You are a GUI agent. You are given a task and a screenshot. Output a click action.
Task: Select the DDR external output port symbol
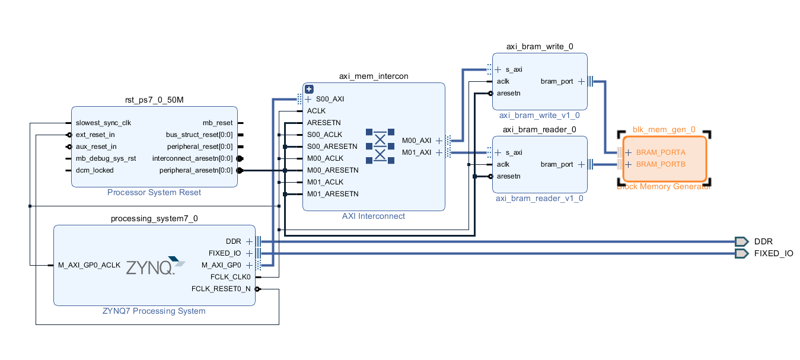pos(741,241)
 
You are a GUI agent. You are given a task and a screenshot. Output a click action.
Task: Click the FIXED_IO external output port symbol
pos(741,253)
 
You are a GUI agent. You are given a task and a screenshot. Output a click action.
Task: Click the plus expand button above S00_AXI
pos(309,89)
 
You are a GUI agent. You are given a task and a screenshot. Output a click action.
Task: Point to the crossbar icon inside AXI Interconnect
pos(380,145)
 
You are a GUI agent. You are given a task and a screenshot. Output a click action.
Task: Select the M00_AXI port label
pos(416,141)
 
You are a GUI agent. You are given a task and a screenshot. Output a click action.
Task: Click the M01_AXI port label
pos(416,152)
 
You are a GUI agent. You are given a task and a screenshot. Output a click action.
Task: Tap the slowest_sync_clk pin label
pos(103,123)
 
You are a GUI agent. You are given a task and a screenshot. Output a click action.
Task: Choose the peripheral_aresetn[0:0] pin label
pos(197,170)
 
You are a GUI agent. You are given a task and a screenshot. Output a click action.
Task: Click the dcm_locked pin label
pos(94,170)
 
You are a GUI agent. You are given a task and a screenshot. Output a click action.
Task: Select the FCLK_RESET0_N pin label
pos(221,289)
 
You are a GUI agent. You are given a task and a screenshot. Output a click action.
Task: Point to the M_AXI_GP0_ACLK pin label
pos(89,265)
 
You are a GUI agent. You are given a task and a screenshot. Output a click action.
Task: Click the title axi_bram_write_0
pos(539,46)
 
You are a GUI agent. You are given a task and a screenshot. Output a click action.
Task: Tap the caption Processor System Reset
pos(154,192)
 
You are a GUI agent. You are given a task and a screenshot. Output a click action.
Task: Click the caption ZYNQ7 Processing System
pos(154,311)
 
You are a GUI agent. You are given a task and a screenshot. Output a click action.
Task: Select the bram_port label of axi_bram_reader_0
pos(557,164)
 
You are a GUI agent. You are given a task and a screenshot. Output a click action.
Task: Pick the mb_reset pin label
pos(218,123)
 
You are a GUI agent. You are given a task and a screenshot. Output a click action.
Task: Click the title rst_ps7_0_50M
pos(154,100)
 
